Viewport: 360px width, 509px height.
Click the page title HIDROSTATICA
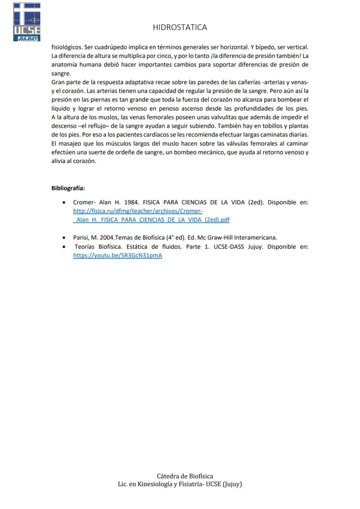180,27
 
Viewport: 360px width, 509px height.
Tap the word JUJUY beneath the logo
27,39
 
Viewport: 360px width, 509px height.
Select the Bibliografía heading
68,188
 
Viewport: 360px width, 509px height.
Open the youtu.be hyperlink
117,256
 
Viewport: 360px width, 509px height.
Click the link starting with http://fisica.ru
138,211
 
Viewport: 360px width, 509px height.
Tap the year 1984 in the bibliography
131,202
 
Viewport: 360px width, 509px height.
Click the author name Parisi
82,237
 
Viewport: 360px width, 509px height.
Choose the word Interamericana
255,237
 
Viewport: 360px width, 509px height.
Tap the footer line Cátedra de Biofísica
185,476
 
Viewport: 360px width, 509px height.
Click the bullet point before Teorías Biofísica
64,247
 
